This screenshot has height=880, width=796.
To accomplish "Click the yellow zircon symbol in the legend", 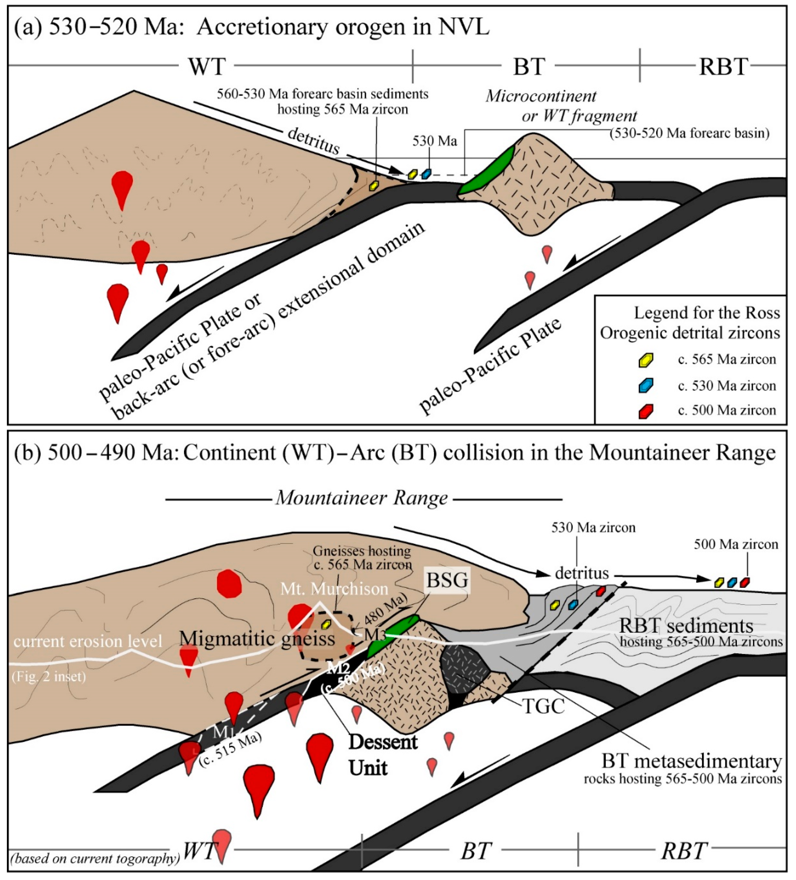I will tap(645, 360).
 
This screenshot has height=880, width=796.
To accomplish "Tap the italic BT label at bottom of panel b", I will tap(476, 850).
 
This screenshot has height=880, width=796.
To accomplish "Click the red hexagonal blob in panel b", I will tap(229, 583).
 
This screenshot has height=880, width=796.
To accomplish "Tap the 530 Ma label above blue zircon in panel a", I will tap(435, 141).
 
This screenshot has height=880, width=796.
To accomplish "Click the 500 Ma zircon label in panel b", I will tap(736, 544).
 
